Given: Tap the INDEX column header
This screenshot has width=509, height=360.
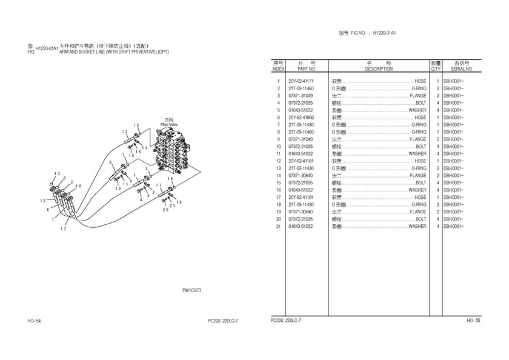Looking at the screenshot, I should [278, 66].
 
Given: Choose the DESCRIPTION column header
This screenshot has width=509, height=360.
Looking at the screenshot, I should [378, 66].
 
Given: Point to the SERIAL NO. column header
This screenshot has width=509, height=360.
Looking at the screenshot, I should [461, 66].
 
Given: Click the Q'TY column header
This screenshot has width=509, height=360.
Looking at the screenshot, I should [436, 66].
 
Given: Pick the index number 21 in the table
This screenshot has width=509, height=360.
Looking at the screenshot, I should [278, 227].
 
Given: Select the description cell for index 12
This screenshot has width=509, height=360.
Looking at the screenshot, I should [379, 161].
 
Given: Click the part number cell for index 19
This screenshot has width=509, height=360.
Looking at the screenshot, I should [301, 212].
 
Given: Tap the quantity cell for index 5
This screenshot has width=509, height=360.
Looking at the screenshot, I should [437, 110].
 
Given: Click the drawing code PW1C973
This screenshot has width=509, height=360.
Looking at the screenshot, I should [191, 290].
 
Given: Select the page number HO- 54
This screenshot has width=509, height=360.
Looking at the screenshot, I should [34, 320].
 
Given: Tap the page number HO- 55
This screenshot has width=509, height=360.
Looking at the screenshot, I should [473, 320].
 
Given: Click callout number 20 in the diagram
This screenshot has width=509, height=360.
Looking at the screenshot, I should [165, 210].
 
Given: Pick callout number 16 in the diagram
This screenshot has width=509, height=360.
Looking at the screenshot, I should [138, 152].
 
